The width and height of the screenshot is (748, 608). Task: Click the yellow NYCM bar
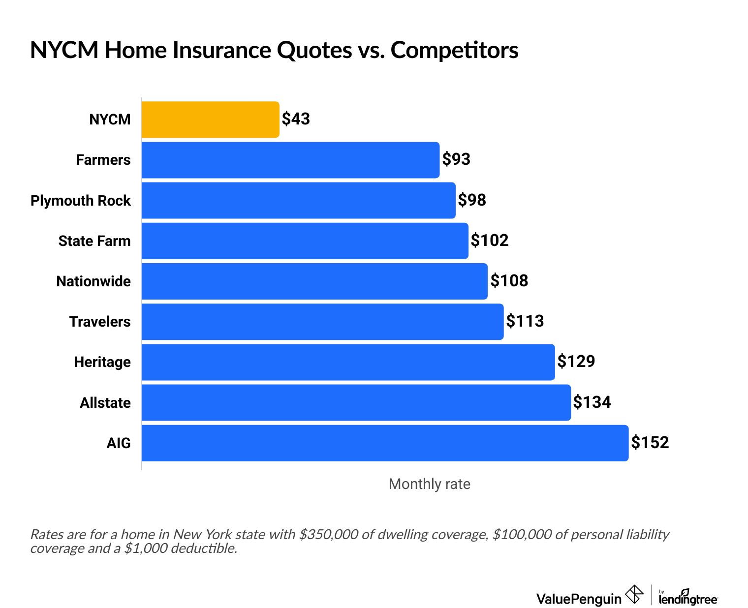click(x=210, y=120)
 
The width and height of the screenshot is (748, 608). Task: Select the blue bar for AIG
click(x=385, y=443)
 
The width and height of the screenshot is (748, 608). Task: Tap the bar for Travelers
click(x=322, y=322)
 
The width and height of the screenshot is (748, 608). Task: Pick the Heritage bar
click(x=348, y=362)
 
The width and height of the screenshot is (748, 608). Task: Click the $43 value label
click(x=296, y=119)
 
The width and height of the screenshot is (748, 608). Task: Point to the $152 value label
click(x=650, y=442)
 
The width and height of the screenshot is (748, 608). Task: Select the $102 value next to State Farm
click(x=490, y=240)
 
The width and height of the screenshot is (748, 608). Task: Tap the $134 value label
click(x=592, y=402)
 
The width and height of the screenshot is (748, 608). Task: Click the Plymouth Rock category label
click(x=81, y=201)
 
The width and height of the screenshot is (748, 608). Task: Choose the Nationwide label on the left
click(x=93, y=281)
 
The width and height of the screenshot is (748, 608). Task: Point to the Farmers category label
click(x=103, y=160)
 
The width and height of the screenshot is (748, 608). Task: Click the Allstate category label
click(x=105, y=403)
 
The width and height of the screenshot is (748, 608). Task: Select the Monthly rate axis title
click(x=429, y=484)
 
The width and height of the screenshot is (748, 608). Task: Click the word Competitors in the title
click(x=454, y=50)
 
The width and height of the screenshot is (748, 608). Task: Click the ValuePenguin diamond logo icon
click(x=634, y=594)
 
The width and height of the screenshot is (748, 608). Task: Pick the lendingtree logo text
click(x=688, y=599)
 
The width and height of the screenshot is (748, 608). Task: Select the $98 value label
click(x=472, y=200)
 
